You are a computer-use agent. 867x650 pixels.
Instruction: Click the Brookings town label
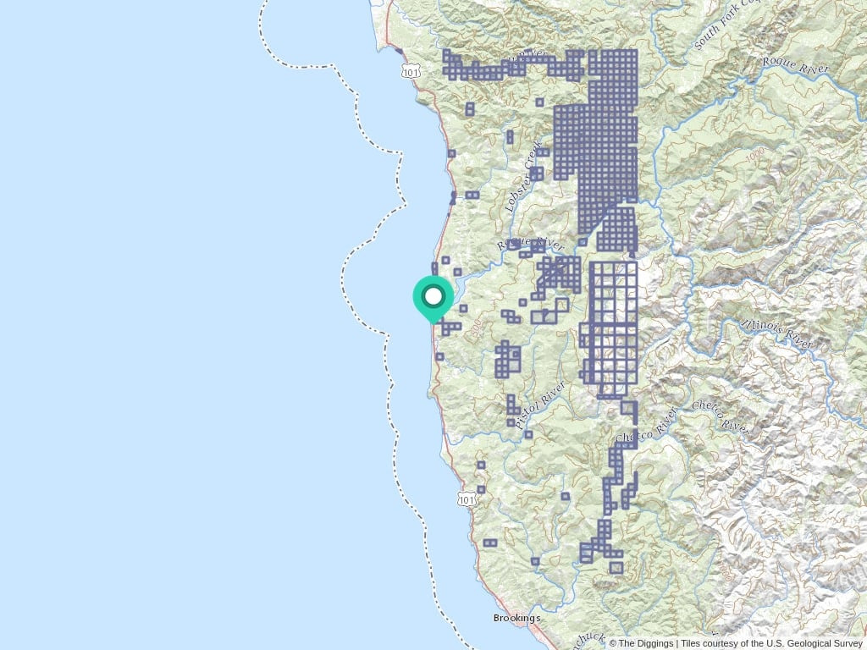[516, 618]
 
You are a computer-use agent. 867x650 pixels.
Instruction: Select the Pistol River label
[540, 404]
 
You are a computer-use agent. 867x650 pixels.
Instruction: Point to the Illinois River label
[776, 333]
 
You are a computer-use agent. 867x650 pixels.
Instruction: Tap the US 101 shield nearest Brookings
[467, 499]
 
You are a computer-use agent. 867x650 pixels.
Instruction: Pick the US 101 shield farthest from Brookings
[411, 74]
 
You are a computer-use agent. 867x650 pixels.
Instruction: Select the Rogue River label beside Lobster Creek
[530, 242]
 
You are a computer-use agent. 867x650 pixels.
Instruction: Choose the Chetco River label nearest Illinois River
[720, 416]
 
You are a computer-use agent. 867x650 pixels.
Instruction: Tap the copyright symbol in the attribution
[613, 643]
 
